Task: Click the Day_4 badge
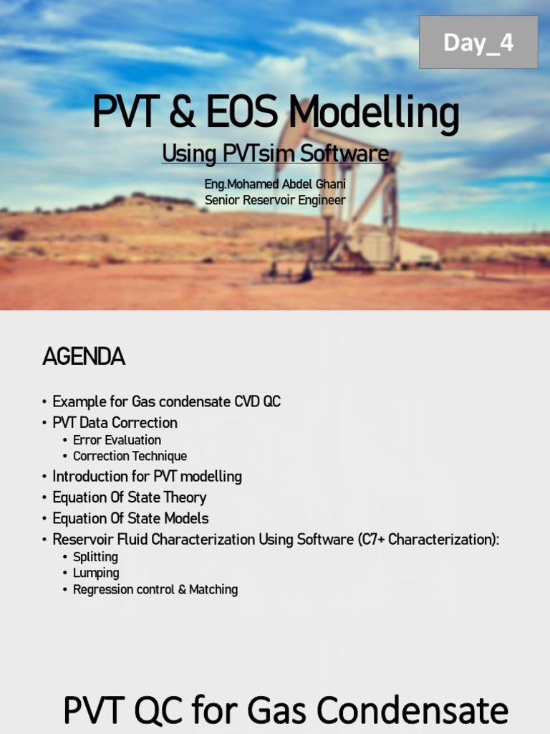tap(478, 43)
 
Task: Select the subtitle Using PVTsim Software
tap(275, 153)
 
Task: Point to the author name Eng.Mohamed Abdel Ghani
tap(275, 184)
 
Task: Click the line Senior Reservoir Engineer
tap(275, 200)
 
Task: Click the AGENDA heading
tap(84, 356)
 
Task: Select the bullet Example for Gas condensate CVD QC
tap(166, 401)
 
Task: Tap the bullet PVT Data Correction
tap(115, 422)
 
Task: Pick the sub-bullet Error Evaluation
tap(117, 440)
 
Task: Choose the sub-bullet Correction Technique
tap(130, 456)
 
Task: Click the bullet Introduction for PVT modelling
tap(147, 476)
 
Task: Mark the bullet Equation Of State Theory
tap(129, 497)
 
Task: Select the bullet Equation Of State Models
tap(130, 518)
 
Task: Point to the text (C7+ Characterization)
tap(428, 539)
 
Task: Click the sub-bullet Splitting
tap(95, 557)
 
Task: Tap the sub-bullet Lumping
tap(96, 573)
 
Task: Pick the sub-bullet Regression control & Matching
tap(155, 589)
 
